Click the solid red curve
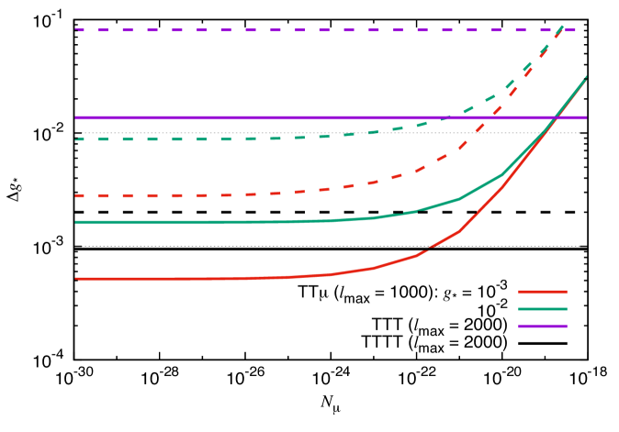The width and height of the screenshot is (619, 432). [184, 278]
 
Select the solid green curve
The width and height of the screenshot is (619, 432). [184, 222]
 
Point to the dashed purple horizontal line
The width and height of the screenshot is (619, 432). [276, 30]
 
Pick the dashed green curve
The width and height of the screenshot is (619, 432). [184, 139]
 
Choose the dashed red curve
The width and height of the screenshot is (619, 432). [184, 195]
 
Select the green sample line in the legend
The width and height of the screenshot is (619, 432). [542, 309]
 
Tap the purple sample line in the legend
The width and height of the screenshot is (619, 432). [542, 326]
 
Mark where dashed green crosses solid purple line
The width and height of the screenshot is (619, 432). [448, 117]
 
